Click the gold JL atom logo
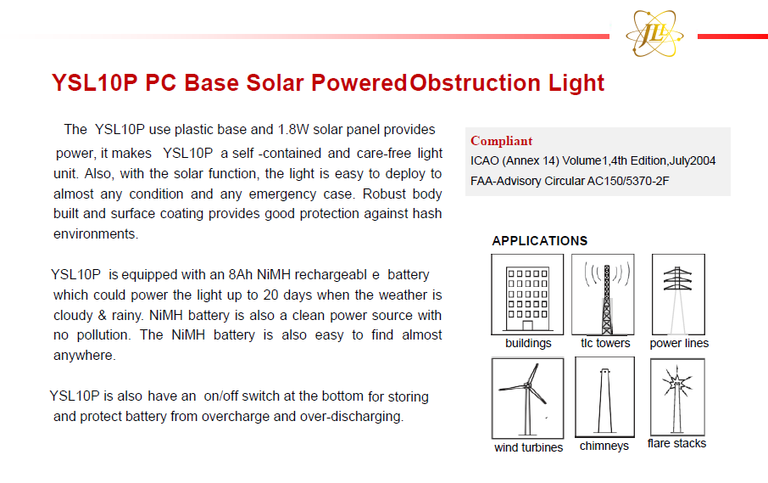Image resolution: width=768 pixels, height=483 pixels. [x=654, y=33]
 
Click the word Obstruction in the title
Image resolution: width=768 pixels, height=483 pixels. [x=475, y=82]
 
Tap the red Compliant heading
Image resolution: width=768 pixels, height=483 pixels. [x=501, y=141]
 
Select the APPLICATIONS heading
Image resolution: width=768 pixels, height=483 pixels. [x=539, y=241]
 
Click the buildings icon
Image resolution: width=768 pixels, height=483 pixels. [x=527, y=295]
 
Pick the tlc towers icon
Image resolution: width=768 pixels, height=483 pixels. [x=603, y=295]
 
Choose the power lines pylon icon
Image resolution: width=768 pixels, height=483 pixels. [x=678, y=295]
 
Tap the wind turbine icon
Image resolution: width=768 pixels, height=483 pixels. [x=527, y=398]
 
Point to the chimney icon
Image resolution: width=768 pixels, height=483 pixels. [x=605, y=396]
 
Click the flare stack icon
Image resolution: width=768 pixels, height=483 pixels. [x=677, y=396]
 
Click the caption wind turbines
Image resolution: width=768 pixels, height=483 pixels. [x=528, y=447]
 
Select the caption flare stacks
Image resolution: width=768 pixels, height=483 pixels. [x=676, y=443]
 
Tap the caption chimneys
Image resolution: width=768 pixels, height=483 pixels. [x=604, y=446]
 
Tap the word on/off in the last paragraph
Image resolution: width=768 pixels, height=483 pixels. [x=221, y=396]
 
